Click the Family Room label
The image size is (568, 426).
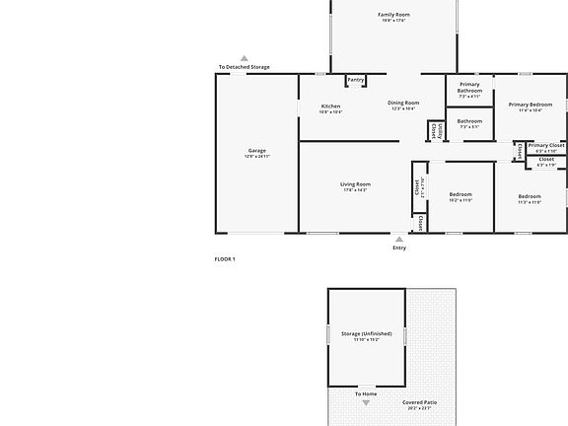pyautogui.click(x=392, y=15)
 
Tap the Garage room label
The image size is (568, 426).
pyautogui.click(x=256, y=151)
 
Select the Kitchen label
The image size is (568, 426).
pyautogui.click(x=330, y=106)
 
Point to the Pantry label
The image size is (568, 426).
pyautogui.click(x=355, y=80)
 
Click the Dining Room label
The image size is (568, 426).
pyautogui.click(x=403, y=103)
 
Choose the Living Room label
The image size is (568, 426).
pyautogui.click(x=355, y=184)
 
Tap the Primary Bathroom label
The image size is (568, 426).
pyautogui.click(x=469, y=87)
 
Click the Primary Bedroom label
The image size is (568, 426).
pyautogui.click(x=531, y=104)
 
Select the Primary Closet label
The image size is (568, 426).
pyautogui.click(x=546, y=145)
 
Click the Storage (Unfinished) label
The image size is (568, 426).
pyautogui.click(x=366, y=334)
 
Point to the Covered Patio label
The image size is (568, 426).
pyautogui.click(x=419, y=402)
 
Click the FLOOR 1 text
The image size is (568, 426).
pyautogui.click(x=225, y=258)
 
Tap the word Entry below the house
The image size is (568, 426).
pyautogui.click(x=398, y=248)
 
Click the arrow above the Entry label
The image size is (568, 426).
pyautogui.click(x=398, y=239)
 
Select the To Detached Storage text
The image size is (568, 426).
pyautogui.click(x=244, y=67)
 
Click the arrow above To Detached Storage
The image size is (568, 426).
pyautogui.click(x=245, y=58)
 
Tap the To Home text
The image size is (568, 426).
pyautogui.click(x=366, y=393)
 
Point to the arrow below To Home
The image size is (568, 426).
pyautogui.click(x=366, y=402)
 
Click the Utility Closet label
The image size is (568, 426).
pyautogui.click(x=434, y=130)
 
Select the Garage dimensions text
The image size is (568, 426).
pyautogui.click(x=256, y=157)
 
